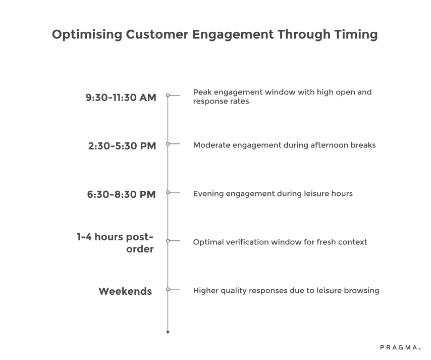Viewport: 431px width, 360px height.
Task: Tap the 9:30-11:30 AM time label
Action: coord(121,97)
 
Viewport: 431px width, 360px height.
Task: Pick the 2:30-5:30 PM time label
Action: coord(122,146)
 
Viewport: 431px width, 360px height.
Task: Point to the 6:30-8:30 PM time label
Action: coord(121,194)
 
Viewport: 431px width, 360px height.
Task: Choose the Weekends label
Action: coord(125,291)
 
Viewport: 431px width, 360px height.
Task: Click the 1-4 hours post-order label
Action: coord(116,242)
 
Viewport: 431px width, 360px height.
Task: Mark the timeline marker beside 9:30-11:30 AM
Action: coord(168,95)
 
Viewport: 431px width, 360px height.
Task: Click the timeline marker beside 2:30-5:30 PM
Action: coord(168,143)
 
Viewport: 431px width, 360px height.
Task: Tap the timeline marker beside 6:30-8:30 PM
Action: coord(168,192)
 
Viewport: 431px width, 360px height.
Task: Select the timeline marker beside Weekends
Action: coord(168,289)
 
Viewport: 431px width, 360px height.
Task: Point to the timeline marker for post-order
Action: coord(168,241)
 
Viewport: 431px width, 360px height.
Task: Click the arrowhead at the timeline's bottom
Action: coord(168,332)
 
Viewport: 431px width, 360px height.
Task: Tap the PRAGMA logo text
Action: coord(399,348)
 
